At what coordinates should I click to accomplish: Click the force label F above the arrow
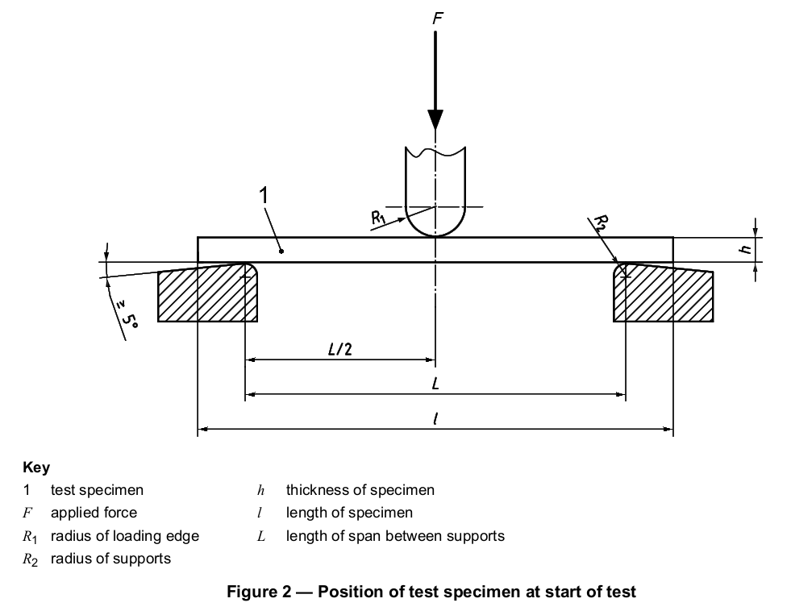pyautogui.click(x=437, y=19)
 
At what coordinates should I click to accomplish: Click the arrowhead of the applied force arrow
pyautogui.click(x=435, y=119)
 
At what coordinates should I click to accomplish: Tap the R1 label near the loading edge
pyautogui.click(x=378, y=218)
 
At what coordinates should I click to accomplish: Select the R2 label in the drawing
pyautogui.click(x=601, y=222)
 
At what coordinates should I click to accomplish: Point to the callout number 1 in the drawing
pyautogui.click(x=264, y=196)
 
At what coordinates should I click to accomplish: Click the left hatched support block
pyautogui.click(x=208, y=293)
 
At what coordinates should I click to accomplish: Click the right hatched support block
pyautogui.click(x=663, y=293)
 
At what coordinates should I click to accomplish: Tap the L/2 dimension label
pyautogui.click(x=340, y=349)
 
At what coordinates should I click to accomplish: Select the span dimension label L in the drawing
pyautogui.click(x=435, y=384)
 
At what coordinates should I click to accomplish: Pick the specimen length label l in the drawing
pyautogui.click(x=435, y=419)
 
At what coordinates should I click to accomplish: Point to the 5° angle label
pyautogui.click(x=127, y=316)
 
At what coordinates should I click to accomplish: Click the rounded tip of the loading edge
pyautogui.click(x=435, y=235)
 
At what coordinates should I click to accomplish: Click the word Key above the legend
pyautogui.click(x=36, y=468)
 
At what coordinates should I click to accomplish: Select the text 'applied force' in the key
pyautogui.click(x=94, y=513)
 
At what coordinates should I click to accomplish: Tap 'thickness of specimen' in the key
pyautogui.click(x=360, y=490)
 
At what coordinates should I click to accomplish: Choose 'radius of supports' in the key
pyautogui.click(x=110, y=559)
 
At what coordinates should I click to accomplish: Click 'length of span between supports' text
pyautogui.click(x=395, y=536)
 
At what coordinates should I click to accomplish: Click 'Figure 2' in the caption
pyautogui.click(x=259, y=592)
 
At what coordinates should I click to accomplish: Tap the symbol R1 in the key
pyautogui.click(x=30, y=537)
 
